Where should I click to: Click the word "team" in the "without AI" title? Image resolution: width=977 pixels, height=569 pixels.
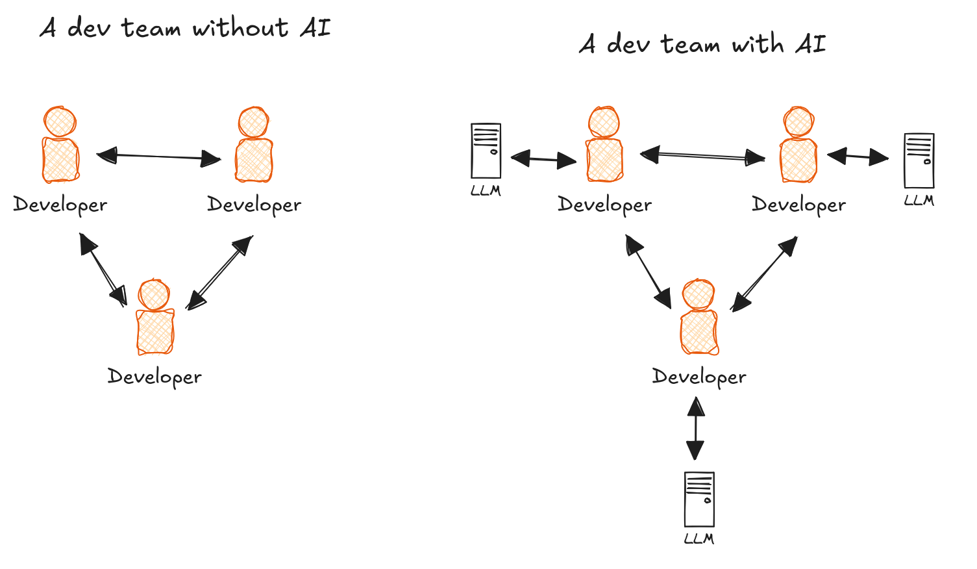[150, 28]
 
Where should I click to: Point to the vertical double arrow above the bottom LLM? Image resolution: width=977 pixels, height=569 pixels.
[695, 429]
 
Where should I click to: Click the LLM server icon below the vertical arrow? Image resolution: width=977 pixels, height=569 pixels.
[699, 499]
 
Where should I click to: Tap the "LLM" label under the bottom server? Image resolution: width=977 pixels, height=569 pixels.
[699, 538]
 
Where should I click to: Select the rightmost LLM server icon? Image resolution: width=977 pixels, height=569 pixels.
[919, 160]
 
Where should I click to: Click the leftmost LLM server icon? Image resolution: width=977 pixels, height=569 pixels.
[486, 151]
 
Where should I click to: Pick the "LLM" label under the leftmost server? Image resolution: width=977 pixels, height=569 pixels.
[486, 191]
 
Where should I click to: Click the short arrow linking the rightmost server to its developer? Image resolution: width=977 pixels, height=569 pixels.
[858, 157]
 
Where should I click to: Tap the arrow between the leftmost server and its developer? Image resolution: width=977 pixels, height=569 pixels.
[543, 158]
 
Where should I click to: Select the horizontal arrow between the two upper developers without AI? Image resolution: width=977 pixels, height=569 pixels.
[159, 156]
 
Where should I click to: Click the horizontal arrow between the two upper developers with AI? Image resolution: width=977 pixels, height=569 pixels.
[702, 156]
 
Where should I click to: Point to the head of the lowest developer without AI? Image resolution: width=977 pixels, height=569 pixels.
[155, 294]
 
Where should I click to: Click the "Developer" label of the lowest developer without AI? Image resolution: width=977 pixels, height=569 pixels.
[155, 377]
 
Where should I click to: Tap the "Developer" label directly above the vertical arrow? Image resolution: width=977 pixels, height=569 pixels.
[699, 377]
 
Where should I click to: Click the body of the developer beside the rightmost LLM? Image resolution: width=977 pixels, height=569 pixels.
[798, 160]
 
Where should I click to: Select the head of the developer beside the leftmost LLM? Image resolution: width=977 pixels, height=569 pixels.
[604, 121]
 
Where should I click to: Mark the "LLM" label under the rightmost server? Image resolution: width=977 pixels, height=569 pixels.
[919, 200]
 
